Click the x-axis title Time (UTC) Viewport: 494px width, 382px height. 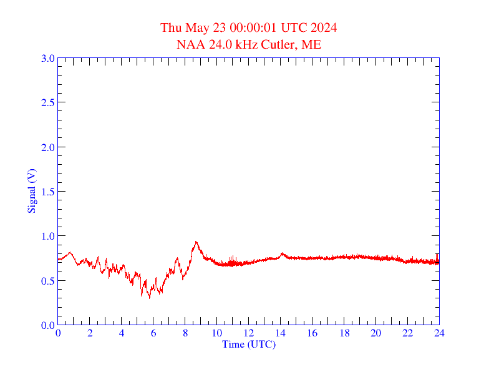(x=248, y=344)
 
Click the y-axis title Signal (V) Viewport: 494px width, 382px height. (x=31, y=191)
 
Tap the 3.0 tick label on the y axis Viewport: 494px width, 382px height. (x=47, y=58)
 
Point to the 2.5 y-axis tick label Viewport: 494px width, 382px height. (x=47, y=102)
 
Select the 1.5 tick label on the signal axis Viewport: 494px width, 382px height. (x=47, y=192)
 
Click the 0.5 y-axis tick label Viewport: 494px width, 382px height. (x=47, y=281)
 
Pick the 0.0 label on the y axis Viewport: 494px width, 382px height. (x=47, y=325)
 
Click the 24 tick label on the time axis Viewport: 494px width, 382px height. (x=439, y=333)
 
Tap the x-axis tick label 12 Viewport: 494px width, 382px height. (x=249, y=333)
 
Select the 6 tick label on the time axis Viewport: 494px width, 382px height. (x=153, y=333)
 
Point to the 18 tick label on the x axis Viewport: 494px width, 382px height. (x=344, y=333)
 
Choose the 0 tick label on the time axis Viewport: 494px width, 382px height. (x=58, y=333)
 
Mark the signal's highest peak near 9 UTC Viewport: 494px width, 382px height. (x=196, y=242)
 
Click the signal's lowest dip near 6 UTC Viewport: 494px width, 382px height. (x=149, y=298)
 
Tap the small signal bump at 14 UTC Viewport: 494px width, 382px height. (x=282, y=253)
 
